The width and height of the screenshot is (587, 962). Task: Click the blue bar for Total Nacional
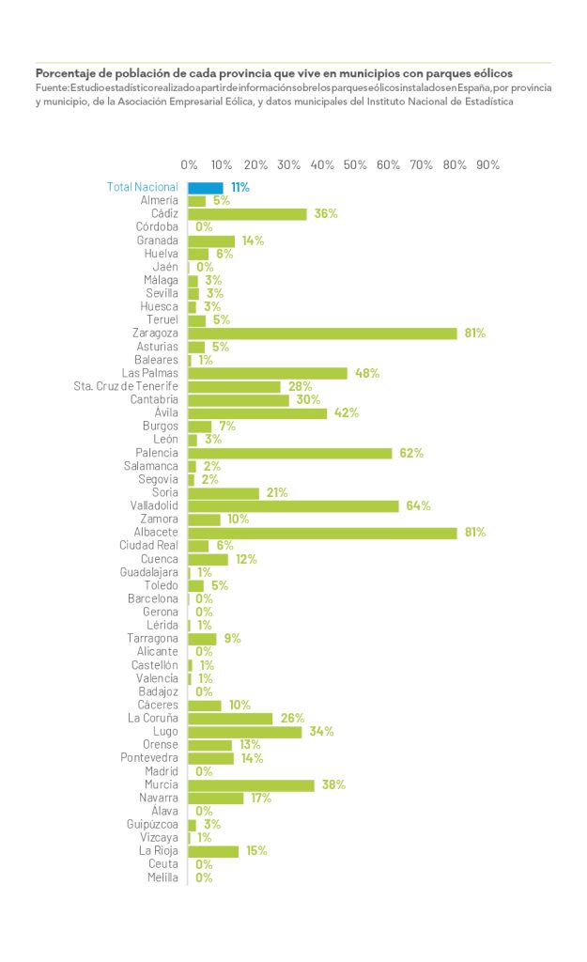pyautogui.click(x=206, y=187)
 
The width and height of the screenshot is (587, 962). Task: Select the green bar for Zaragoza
pyautogui.click(x=322, y=334)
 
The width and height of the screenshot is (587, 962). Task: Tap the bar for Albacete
pyautogui.click(x=322, y=533)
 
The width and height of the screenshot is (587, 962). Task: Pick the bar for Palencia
pyautogui.click(x=290, y=453)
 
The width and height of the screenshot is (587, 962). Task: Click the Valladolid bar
pyautogui.click(x=294, y=506)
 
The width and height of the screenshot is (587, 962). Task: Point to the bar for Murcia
pyautogui.click(x=252, y=785)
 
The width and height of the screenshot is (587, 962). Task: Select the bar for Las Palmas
pyautogui.click(x=268, y=373)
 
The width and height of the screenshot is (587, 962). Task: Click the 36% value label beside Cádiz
pyautogui.click(x=326, y=214)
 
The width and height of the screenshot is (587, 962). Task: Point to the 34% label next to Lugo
pyautogui.click(x=321, y=732)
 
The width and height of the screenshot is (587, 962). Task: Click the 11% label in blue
pyautogui.click(x=240, y=188)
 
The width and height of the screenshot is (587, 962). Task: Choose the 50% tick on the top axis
pyautogui.click(x=355, y=165)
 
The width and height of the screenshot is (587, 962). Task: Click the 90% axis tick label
pyautogui.click(x=487, y=165)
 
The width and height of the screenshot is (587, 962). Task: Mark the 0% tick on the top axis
pyautogui.click(x=189, y=165)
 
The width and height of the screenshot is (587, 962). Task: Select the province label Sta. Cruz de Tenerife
pyautogui.click(x=126, y=386)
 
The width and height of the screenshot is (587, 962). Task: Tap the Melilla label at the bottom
pyautogui.click(x=162, y=877)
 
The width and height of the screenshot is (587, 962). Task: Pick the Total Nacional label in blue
pyautogui.click(x=142, y=187)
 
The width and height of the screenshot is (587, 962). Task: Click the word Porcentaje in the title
pyautogui.click(x=67, y=72)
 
